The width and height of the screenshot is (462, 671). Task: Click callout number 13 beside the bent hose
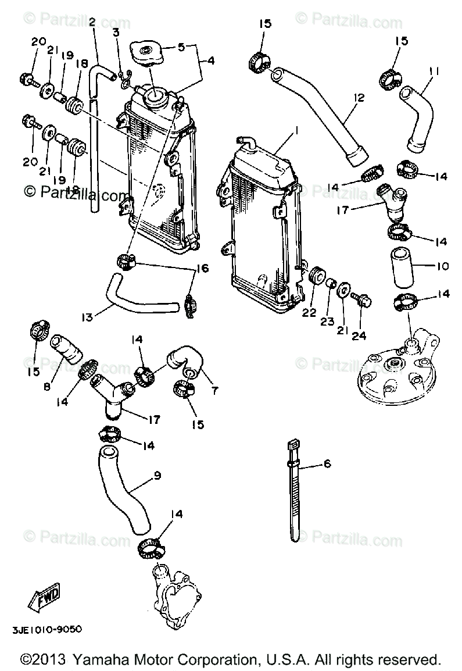pyautogui.click(x=87, y=317)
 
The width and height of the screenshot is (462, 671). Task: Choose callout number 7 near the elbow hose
pyautogui.click(x=214, y=390)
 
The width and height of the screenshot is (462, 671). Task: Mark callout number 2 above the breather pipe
pyautogui.click(x=92, y=22)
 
